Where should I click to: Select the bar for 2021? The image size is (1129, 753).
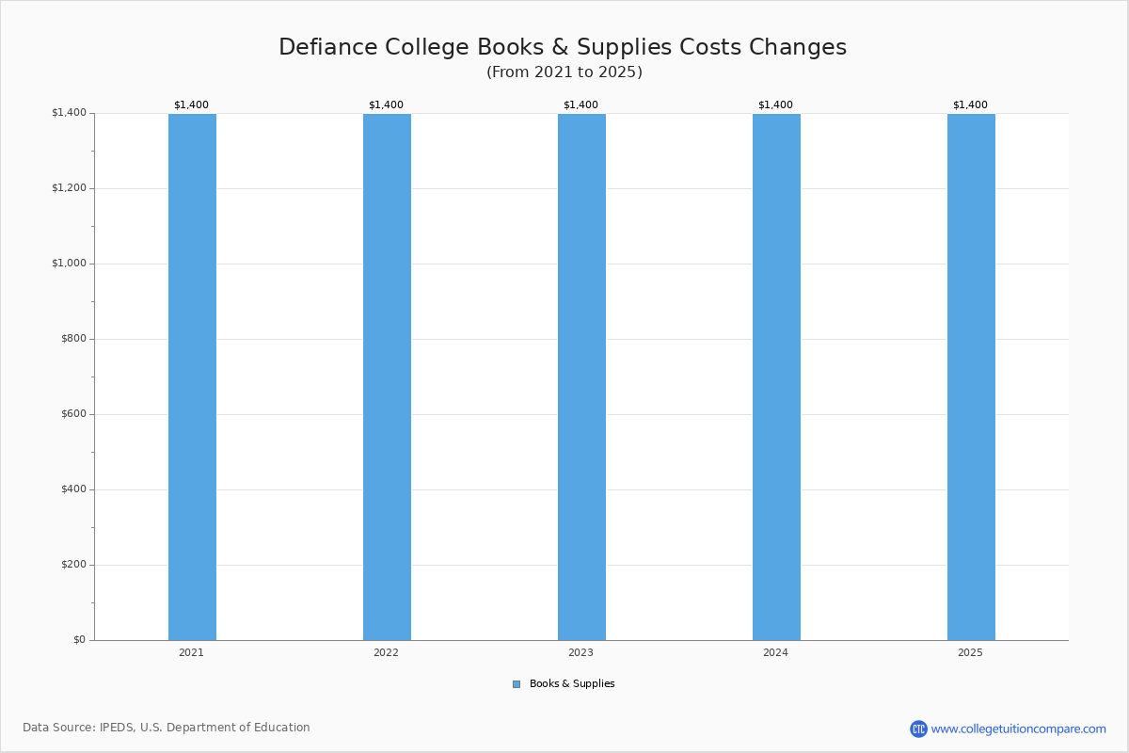(192, 376)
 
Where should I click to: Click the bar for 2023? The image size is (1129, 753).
(581, 376)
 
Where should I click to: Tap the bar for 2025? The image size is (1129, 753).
(971, 376)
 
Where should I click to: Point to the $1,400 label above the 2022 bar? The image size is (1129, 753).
(386, 104)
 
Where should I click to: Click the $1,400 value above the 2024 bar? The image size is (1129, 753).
(775, 104)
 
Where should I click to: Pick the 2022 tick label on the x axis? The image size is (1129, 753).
(386, 652)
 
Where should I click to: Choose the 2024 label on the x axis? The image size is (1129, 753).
(775, 652)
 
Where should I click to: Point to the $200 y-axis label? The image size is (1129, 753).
(74, 565)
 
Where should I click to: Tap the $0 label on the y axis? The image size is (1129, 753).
(80, 640)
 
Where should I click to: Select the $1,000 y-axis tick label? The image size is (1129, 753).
(70, 264)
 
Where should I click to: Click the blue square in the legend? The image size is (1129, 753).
(517, 684)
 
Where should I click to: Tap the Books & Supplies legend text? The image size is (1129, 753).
(572, 684)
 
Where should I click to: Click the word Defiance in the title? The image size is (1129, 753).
(328, 47)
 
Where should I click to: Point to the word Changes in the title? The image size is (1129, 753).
(798, 48)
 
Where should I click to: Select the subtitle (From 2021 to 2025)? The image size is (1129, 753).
(564, 72)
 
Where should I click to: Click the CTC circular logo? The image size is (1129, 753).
(918, 729)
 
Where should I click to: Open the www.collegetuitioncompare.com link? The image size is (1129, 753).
(1019, 729)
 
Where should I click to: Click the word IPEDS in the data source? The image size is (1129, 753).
(117, 728)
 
